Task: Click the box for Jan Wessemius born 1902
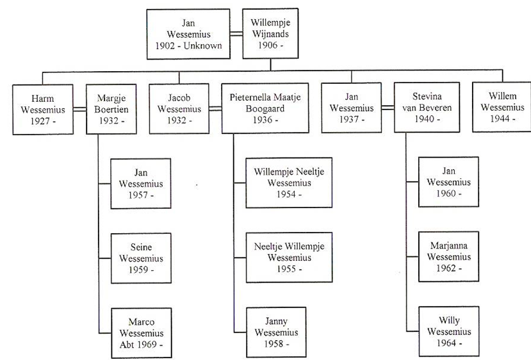coord(188,35)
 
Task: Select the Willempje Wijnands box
coord(270,35)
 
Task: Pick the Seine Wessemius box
coord(141,259)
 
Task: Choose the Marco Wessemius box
coord(141,333)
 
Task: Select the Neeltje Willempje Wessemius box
coord(289,258)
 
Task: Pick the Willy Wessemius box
coord(448,331)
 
